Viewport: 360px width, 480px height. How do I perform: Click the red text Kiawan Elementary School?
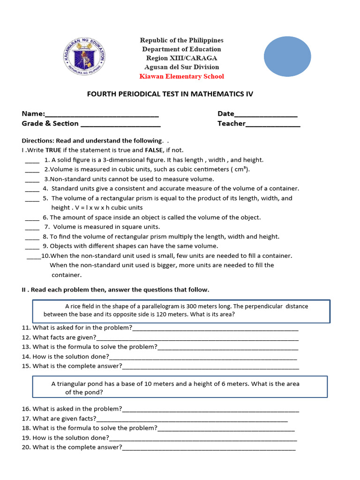(x=181, y=76)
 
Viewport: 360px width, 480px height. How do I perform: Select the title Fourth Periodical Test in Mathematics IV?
(x=170, y=94)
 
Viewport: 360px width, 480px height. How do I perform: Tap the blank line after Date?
(x=265, y=114)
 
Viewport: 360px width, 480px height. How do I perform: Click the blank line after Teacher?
(x=273, y=124)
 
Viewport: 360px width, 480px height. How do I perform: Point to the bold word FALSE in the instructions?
(x=153, y=150)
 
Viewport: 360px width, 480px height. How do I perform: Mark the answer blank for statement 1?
(x=32, y=160)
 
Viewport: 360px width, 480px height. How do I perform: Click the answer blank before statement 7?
(x=32, y=227)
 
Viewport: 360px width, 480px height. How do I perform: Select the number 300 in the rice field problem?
(x=212, y=306)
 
